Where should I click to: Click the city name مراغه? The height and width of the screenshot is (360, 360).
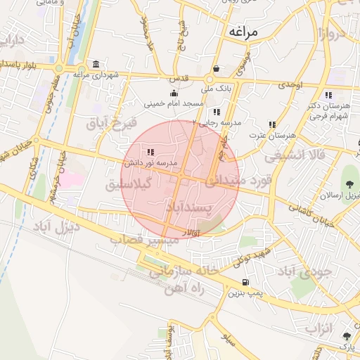click(x=243, y=32)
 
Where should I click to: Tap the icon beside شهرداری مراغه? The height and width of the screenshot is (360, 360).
click(x=96, y=64)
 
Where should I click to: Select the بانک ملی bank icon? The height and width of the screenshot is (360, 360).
click(x=217, y=69)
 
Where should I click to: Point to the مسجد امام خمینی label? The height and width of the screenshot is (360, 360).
click(x=174, y=103)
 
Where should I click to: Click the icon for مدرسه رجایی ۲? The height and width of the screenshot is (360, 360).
click(x=217, y=112)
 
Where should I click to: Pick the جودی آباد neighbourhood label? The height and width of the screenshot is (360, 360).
click(x=304, y=271)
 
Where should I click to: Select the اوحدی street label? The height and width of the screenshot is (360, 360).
click(x=290, y=84)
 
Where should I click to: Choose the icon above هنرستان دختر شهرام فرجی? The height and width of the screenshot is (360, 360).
click(x=328, y=96)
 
